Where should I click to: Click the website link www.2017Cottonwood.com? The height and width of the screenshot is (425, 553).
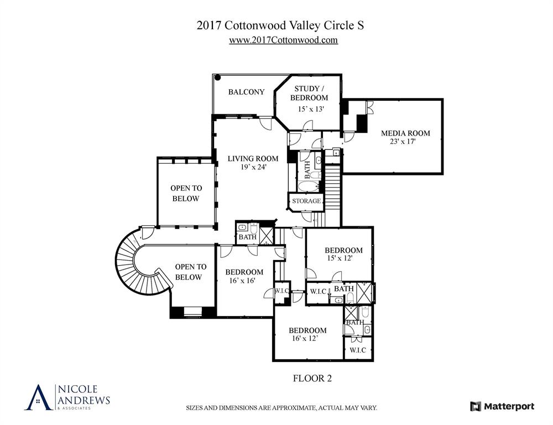283,40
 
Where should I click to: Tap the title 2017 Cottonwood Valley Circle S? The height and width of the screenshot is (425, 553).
280,25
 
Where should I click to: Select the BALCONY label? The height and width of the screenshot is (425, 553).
246,92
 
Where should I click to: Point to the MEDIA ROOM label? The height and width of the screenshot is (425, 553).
405,133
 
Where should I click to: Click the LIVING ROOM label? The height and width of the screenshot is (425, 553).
253,159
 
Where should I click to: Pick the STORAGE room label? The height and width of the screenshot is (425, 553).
306,201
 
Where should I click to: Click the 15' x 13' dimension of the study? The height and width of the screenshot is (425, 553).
310,109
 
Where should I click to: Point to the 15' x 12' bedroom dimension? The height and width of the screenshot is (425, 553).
339,258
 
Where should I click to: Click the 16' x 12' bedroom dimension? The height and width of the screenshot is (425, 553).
304,338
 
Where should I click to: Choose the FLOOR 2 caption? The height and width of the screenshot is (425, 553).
311,379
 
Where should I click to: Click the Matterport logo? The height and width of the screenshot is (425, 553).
502,406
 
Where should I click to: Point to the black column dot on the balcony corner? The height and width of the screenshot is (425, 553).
218,79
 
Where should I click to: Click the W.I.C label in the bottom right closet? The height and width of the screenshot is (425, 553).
358,350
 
